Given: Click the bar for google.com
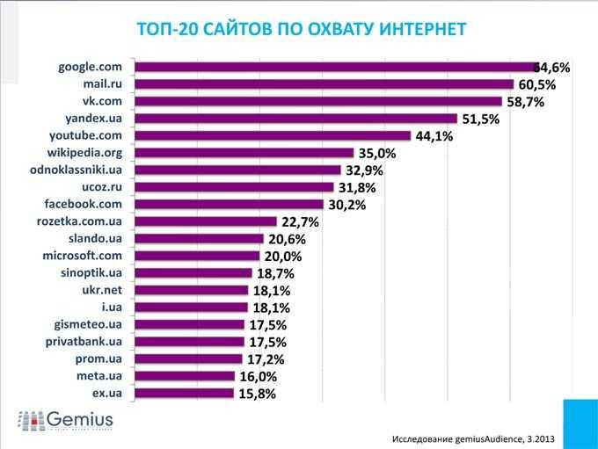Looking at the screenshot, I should (334, 67).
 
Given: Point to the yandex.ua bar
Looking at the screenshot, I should (295, 119).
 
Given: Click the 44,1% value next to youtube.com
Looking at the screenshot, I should (433, 136).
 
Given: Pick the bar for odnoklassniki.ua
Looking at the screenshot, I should (237, 170).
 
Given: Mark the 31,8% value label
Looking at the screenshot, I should (356, 187).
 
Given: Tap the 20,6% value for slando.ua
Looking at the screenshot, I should (287, 239).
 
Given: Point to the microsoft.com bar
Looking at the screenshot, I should (198, 256).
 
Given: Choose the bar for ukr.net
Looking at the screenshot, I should (193, 290).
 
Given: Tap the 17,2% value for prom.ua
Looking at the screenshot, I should (266, 359).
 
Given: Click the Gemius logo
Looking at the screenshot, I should (67, 420).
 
